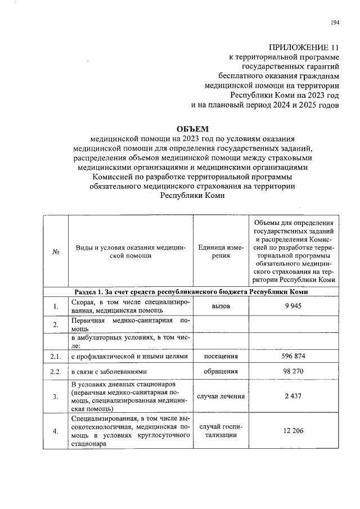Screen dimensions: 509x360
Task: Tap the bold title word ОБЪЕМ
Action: click(192, 129)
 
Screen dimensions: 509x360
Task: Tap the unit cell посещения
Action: click(220, 357)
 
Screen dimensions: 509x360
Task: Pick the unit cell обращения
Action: click(220, 372)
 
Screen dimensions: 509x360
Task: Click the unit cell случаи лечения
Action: click(220, 397)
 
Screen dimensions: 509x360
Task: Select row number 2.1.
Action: click(56, 357)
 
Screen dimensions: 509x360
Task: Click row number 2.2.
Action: click(56, 372)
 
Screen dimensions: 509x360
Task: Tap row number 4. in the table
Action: click(56, 431)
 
